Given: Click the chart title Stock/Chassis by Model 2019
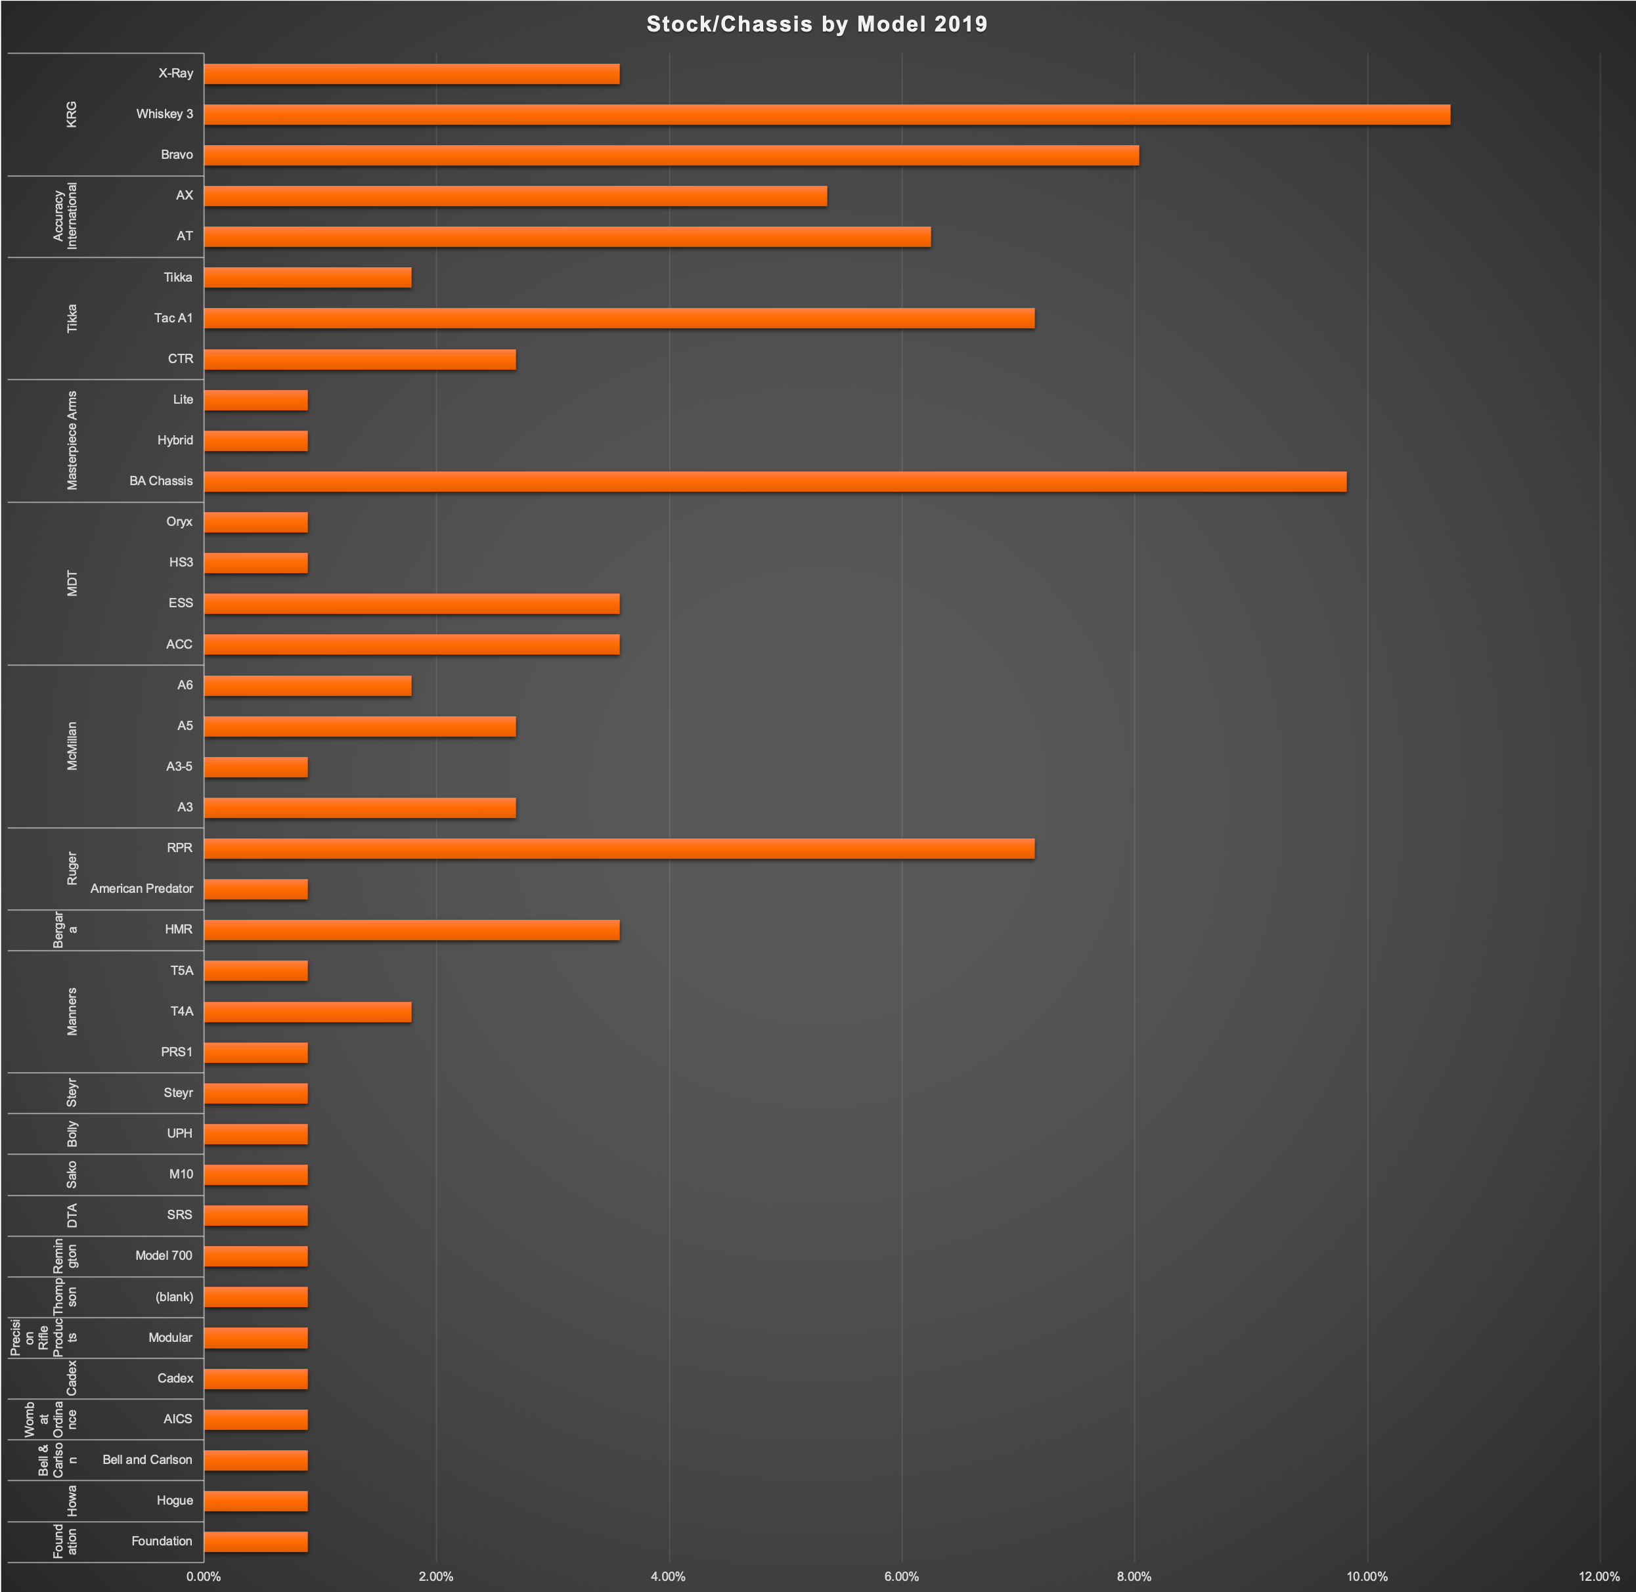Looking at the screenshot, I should [816, 24].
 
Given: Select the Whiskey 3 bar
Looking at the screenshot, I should [826, 114].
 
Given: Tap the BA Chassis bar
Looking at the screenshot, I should [774, 482].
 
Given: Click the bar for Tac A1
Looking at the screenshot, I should [619, 318].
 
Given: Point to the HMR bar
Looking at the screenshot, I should [412, 930].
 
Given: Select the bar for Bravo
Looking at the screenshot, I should [671, 156].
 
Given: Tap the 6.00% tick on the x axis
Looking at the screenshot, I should [902, 1576].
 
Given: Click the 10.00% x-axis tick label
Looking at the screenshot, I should [1367, 1576].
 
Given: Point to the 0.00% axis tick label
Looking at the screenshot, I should [203, 1576].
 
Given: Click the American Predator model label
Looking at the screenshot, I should [141, 889].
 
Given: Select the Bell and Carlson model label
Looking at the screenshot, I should [147, 1460].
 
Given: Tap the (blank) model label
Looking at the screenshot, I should [174, 1297].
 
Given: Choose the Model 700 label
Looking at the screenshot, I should [164, 1256].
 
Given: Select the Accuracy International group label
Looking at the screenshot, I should [65, 216].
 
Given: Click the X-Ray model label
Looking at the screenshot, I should [175, 74].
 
